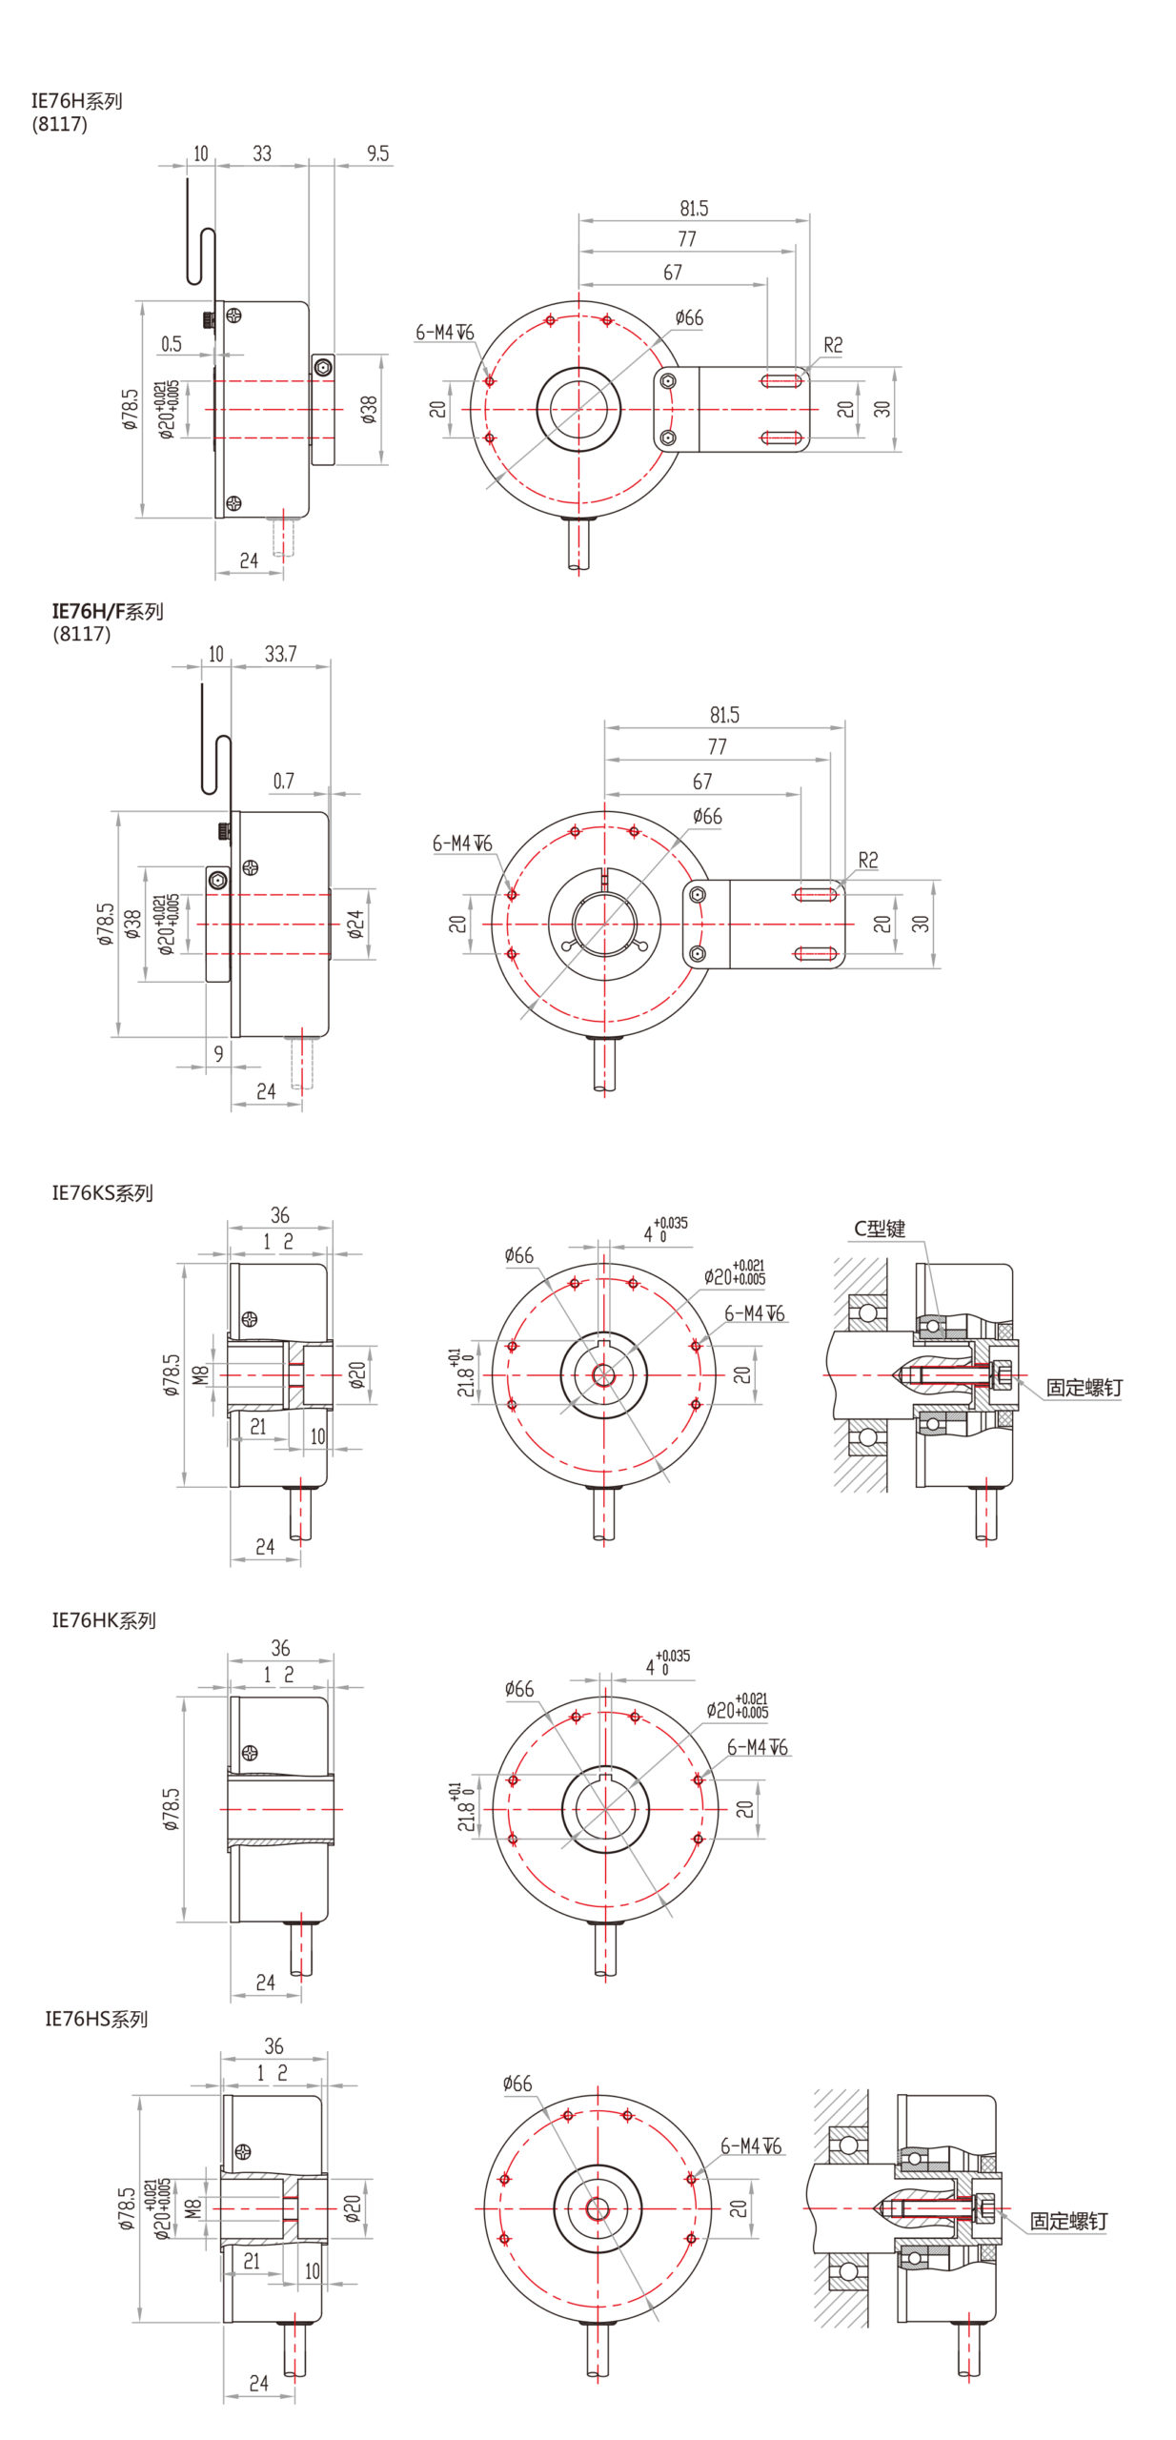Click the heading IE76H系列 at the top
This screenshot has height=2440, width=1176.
(76, 101)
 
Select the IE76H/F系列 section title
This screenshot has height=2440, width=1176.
(107, 611)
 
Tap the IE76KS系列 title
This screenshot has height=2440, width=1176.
(102, 1192)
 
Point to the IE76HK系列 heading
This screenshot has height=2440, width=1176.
(103, 1619)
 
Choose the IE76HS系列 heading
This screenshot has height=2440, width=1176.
(96, 2018)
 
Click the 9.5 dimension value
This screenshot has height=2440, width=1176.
(377, 153)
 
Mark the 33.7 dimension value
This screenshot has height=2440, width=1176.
(280, 654)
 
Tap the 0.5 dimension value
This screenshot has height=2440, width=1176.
(172, 343)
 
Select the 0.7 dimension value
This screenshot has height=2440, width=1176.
(284, 781)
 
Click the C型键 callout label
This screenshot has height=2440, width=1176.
(879, 1229)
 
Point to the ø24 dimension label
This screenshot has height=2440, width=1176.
(355, 924)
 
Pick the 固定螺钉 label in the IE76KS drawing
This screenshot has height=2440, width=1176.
(1084, 1388)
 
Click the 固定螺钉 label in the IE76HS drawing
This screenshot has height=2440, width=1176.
(1068, 2221)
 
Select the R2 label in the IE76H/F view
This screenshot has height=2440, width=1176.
(867, 860)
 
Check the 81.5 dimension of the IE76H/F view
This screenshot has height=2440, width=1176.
(723, 715)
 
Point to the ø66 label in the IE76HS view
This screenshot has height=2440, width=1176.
(517, 2084)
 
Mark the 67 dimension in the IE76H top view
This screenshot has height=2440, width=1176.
(673, 273)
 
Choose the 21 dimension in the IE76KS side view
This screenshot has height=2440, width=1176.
(257, 1426)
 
